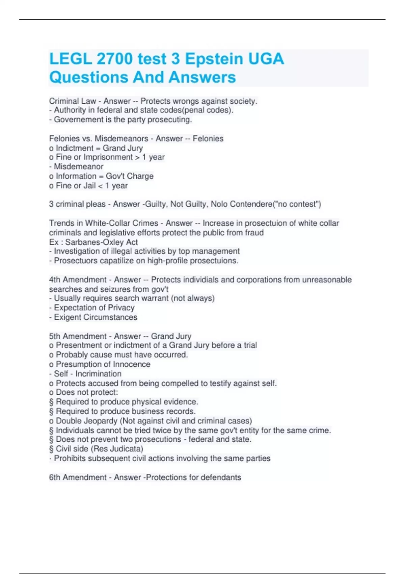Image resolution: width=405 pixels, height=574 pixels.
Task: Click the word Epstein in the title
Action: pyautogui.click(x=214, y=59)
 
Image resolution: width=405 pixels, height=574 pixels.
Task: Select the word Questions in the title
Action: pyautogui.click(x=88, y=77)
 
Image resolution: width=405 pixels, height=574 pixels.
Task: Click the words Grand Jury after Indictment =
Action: pyautogui.click(x=123, y=148)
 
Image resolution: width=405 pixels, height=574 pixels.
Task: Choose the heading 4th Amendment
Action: pyautogui.click(x=78, y=280)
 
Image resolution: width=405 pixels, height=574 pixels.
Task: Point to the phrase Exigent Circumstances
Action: pyautogui.click(x=96, y=317)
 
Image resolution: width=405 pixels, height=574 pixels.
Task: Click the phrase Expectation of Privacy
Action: pyautogui.click(x=94, y=308)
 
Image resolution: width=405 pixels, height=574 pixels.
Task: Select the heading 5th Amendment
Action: pyautogui.click(x=78, y=336)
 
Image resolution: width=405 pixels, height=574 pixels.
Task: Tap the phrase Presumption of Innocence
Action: pyautogui.click(x=103, y=364)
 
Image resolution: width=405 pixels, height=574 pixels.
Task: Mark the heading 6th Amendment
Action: pyautogui.click(x=78, y=477)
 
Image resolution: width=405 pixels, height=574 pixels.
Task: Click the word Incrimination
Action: pyautogui.click(x=98, y=373)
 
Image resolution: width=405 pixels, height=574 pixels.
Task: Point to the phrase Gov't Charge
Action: pyautogui.click(x=130, y=176)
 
